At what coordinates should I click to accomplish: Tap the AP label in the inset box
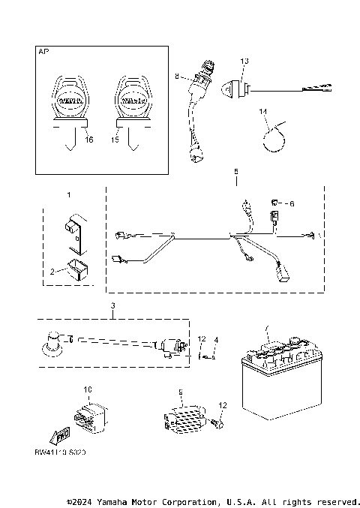43,53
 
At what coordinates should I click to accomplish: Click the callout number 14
262,112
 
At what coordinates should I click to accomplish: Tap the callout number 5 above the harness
236,172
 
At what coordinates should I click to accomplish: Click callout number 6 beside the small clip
292,203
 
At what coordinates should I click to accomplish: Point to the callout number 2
52,272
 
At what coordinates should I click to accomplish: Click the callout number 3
112,306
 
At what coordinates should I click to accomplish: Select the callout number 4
216,340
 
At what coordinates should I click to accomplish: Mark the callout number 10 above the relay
87,390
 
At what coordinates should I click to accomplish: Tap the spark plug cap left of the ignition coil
54,341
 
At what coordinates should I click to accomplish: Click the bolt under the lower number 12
217,424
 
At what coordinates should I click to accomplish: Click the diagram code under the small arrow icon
60,455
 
